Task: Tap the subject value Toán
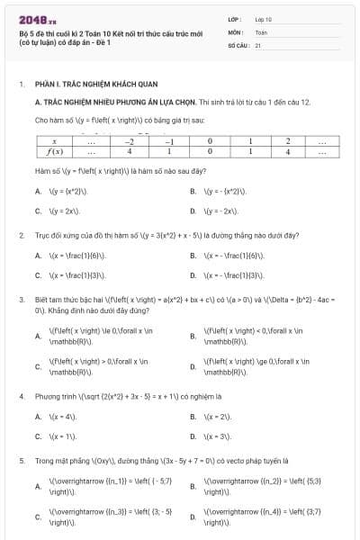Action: (x=262, y=31)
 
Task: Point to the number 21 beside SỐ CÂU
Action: (x=258, y=44)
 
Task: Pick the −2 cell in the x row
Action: (x=130, y=141)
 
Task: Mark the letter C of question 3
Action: (x=38, y=368)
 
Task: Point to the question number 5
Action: (x=21, y=461)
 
